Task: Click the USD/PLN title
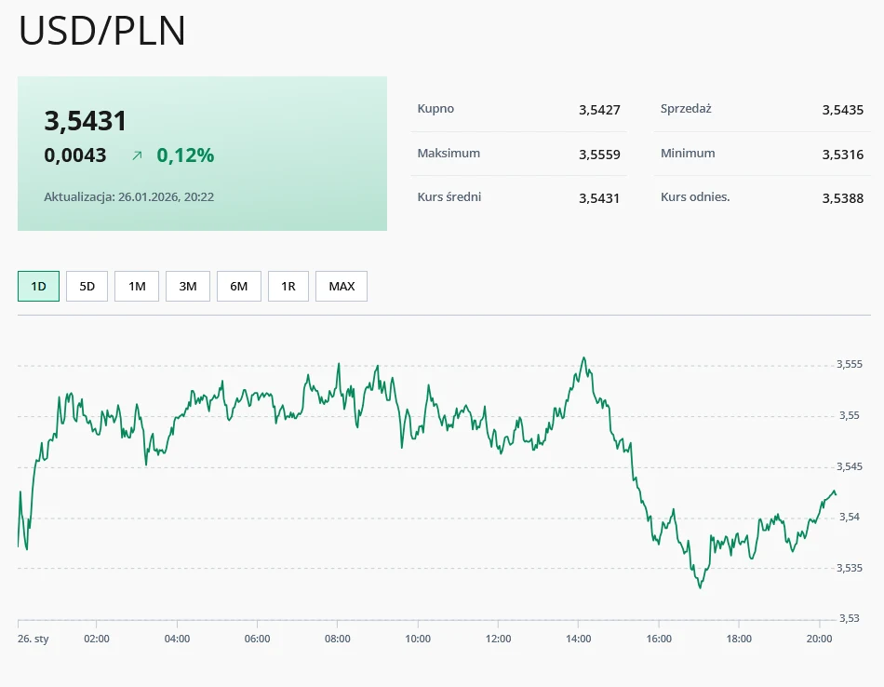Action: [102, 31]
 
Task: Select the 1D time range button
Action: [38, 286]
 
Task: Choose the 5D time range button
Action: [87, 286]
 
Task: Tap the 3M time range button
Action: [188, 286]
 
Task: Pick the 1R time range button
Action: [288, 286]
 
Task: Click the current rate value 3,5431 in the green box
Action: [86, 121]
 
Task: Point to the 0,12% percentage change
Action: [185, 155]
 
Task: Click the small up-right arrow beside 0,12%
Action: [137, 156]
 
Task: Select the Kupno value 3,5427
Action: [599, 110]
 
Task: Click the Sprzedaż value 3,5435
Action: [843, 110]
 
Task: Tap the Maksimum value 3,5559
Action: [599, 155]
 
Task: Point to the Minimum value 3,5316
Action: [843, 155]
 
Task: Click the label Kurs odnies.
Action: [695, 197]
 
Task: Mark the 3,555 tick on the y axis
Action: [849, 364]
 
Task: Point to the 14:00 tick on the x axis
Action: [578, 639]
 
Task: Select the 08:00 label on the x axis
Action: [338, 639]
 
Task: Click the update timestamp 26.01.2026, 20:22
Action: [166, 197]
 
